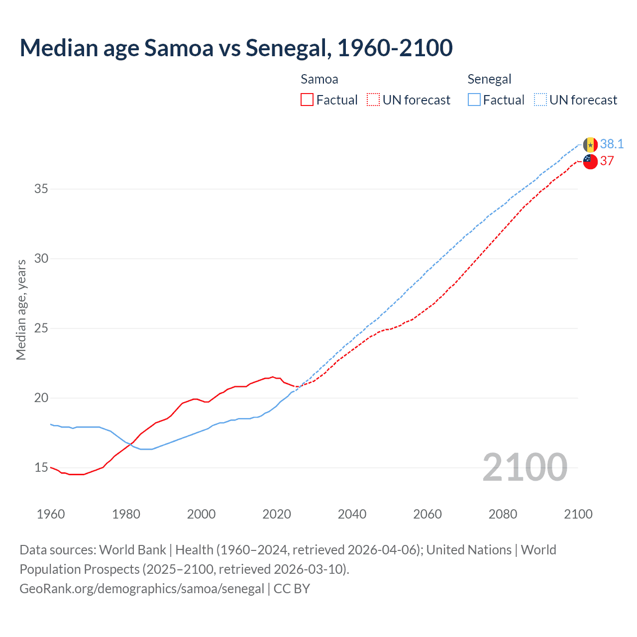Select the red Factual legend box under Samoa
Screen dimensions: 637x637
pyautogui.click(x=307, y=100)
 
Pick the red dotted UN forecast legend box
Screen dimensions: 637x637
pyautogui.click(x=373, y=100)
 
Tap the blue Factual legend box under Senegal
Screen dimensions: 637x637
pyautogui.click(x=474, y=100)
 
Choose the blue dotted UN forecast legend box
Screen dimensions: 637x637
pyautogui.click(x=540, y=100)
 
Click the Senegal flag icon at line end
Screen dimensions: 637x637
pyautogui.click(x=590, y=145)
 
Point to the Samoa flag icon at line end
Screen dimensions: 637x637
pyautogui.click(x=590, y=161)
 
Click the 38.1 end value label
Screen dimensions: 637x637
pyautogui.click(x=612, y=144)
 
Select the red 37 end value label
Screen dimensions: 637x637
pyautogui.click(x=607, y=161)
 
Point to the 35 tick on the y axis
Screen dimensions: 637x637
pyautogui.click(x=41, y=189)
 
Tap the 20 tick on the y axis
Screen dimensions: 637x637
pyautogui.click(x=41, y=398)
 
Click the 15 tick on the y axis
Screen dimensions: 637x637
pyautogui.click(x=41, y=468)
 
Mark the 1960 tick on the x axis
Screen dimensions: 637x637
pyautogui.click(x=51, y=514)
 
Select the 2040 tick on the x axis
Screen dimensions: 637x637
pyautogui.click(x=352, y=514)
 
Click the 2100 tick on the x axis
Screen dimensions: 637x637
pyautogui.click(x=578, y=514)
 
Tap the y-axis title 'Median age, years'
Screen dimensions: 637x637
pyautogui.click(x=21, y=310)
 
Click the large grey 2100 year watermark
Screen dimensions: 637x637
pyautogui.click(x=525, y=467)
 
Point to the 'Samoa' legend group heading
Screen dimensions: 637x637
pyautogui.click(x=319, y=79)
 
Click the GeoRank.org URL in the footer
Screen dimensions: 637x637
pyautogui.click(x=142, y=589)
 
